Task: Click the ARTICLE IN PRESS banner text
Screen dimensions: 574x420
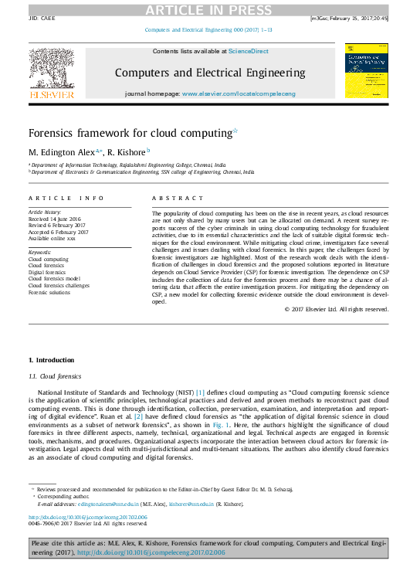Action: tap(210, 8)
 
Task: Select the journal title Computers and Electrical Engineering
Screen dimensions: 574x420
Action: tap(210, 73)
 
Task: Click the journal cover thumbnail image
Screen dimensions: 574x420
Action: tap(367, 70)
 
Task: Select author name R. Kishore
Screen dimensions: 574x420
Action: tap(126, 151)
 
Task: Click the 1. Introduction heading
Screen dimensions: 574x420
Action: tap(51, 360)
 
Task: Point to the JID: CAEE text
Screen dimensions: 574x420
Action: tap(42, 17)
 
